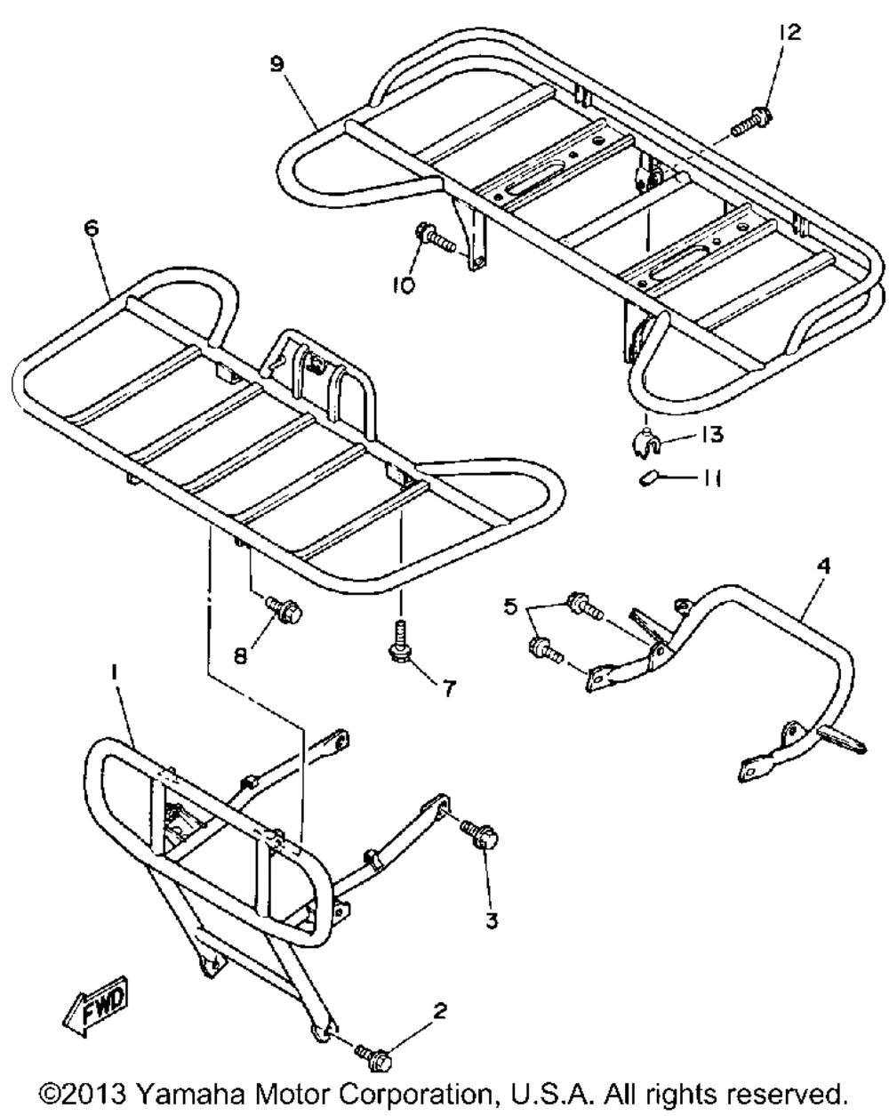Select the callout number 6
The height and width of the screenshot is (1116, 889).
point(92,229)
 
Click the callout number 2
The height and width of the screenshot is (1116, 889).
point(440,1011)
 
